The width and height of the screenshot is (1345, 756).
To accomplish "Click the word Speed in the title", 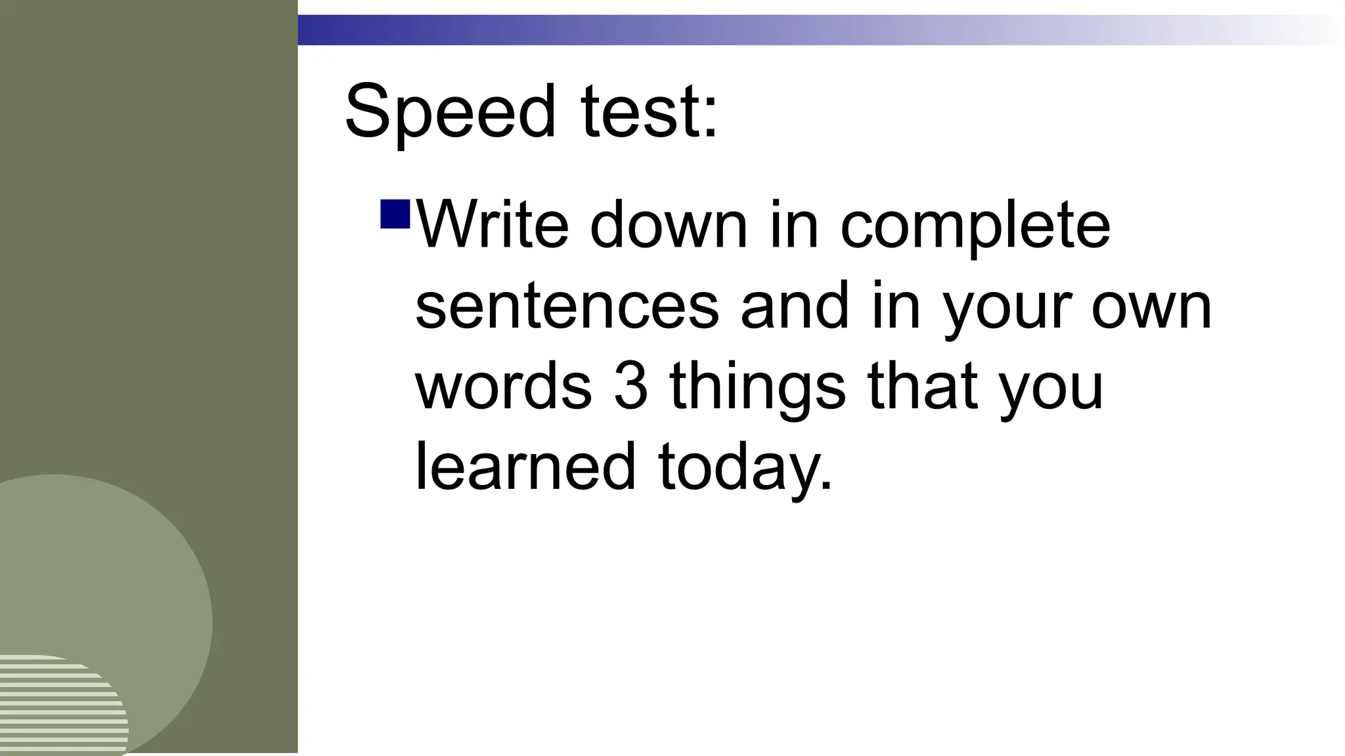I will point(450,112).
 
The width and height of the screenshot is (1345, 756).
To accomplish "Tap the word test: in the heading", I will point(649,112).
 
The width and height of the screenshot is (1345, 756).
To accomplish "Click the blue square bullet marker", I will point(395,214).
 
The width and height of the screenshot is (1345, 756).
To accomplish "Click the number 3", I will point(631,387).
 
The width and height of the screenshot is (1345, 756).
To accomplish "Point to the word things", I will point(757,388).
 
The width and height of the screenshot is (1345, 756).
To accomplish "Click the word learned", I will point(525,467).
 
